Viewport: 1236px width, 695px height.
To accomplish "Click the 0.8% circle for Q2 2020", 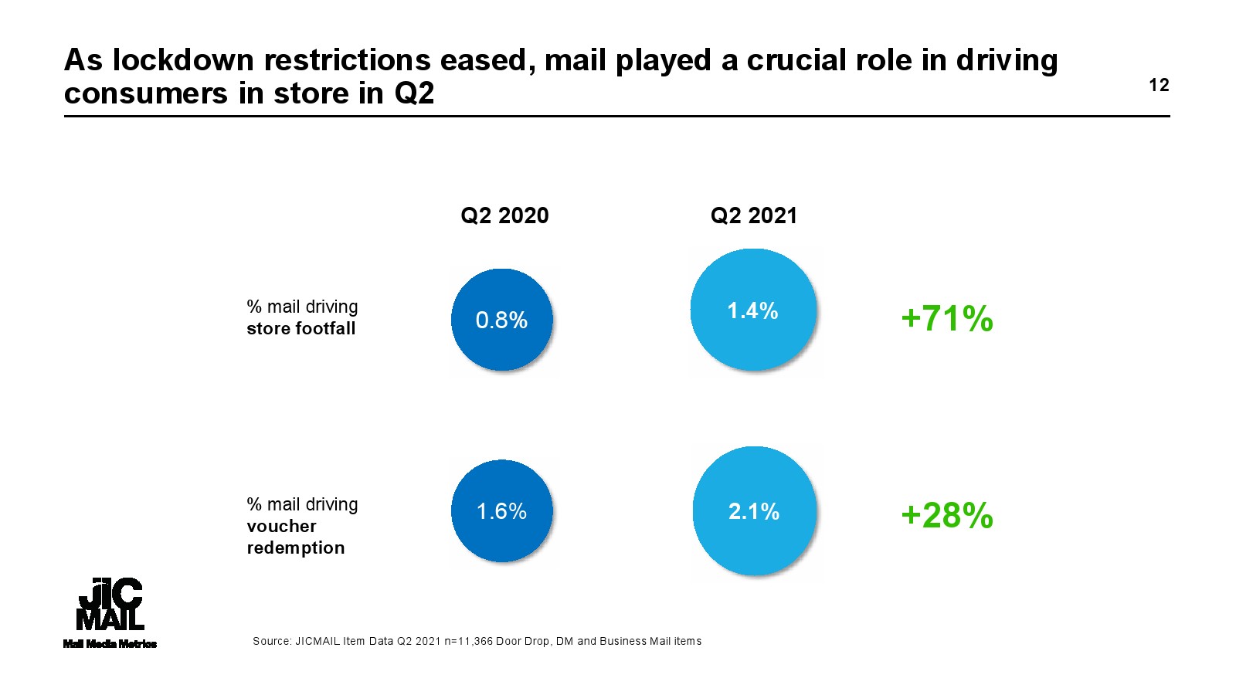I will click(x=502, y=320).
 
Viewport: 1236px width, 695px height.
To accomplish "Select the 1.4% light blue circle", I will click(x=753, y=310).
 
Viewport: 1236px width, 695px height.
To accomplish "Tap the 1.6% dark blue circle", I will click(x=502, y=511).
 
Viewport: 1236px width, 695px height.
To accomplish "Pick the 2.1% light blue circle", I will click(x=754, y=511).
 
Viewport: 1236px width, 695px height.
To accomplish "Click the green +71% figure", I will click(x=947, y=318).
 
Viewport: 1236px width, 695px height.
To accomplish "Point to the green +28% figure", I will click(x=947, y=516).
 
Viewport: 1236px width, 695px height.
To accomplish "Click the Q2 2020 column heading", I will click(x=504, y=215).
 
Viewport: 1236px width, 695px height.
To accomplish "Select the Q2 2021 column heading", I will click(x=753, y=215).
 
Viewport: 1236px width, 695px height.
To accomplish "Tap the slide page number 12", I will click(x=1159, y=85).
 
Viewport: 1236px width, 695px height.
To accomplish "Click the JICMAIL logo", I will click(x=110, y=604).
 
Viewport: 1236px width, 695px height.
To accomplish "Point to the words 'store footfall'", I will click(x=301, y=329).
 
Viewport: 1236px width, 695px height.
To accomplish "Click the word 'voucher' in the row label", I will click(x=281, y=527).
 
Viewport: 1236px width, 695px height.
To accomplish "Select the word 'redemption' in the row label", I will click(x=296, y=548).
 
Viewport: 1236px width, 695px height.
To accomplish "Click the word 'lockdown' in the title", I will click(x=183, y=60).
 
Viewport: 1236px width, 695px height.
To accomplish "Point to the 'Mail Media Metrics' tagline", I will click(x=110, y=644).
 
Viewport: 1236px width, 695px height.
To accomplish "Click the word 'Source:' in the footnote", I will click(x=271, y=641).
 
